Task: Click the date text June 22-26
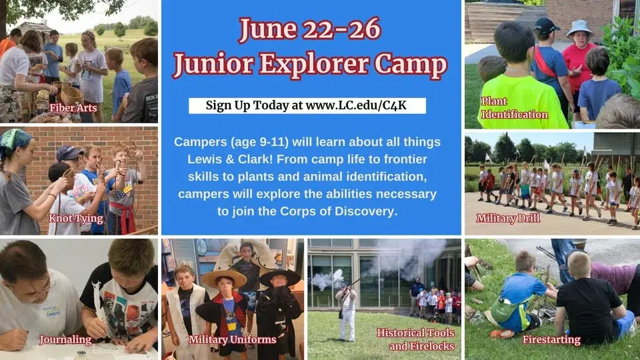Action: pyautogui.click(x=310, y=29)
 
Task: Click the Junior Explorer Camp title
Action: pyautogui.click(x=310, y=65)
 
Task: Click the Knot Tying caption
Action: pyautogui.click(x=76, y=218)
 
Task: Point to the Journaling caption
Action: pyautogui.click(x=65, y=339)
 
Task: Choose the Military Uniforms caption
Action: pyautogui.click(x=232, y=339)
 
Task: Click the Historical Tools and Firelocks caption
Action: pyautogui.click(x=416, y=339)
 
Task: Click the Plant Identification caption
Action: pyautogui.click(x=514, y=108)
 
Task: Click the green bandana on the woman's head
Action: pyautogui.click(x=15, y=140)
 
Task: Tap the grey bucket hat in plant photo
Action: pyautogui.click(x=579, y=28)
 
